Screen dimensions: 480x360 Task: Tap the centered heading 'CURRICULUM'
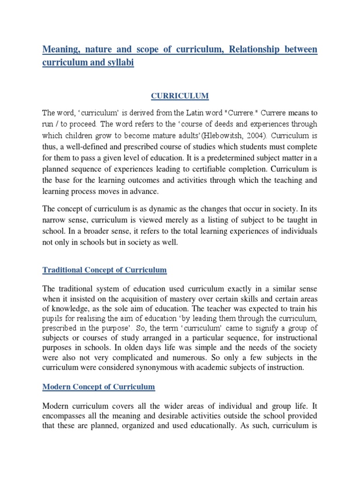tap(180, 96)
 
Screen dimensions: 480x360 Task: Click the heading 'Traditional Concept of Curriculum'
tap(105, 270)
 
